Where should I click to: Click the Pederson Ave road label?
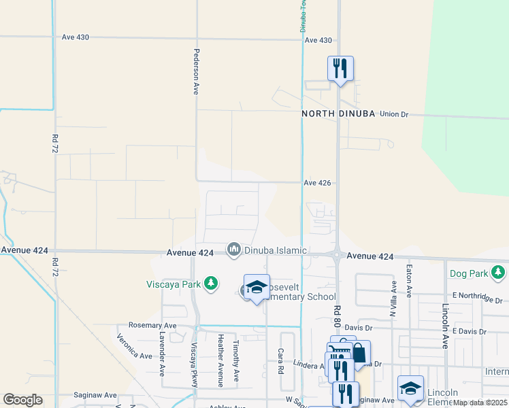pyautogui.click(x=195, y=71)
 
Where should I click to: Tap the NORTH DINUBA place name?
pyautogui.click(x=339, y=114)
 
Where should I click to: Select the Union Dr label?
pyautogui.click(x=393, y=114)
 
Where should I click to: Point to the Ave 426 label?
pyautogui.click(x=317, y=183)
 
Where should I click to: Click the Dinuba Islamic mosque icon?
pyautogui.click(x=234, y=250)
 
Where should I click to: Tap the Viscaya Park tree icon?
pyautogui.click(x=211, y=283)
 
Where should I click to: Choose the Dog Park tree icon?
pyautogui.click(x=499, y=273)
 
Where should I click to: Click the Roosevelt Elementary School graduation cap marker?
pyautogui.click(x=257, y=288)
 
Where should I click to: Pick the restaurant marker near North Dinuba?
pyautogui.click(x=340, y=69)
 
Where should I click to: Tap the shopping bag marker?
pyautogui.click(x=359, y=353)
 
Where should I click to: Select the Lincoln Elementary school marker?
pyautogui.click(x=410, y=388)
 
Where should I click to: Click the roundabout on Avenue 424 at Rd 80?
pyautogui.click(x=337, y=256)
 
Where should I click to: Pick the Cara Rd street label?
pyautogui.click(x=280, y=361)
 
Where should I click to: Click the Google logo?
pyautogui.click(x=22, y=399)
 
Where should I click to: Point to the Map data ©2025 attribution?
pyautogui.click(x=479, y=403)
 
